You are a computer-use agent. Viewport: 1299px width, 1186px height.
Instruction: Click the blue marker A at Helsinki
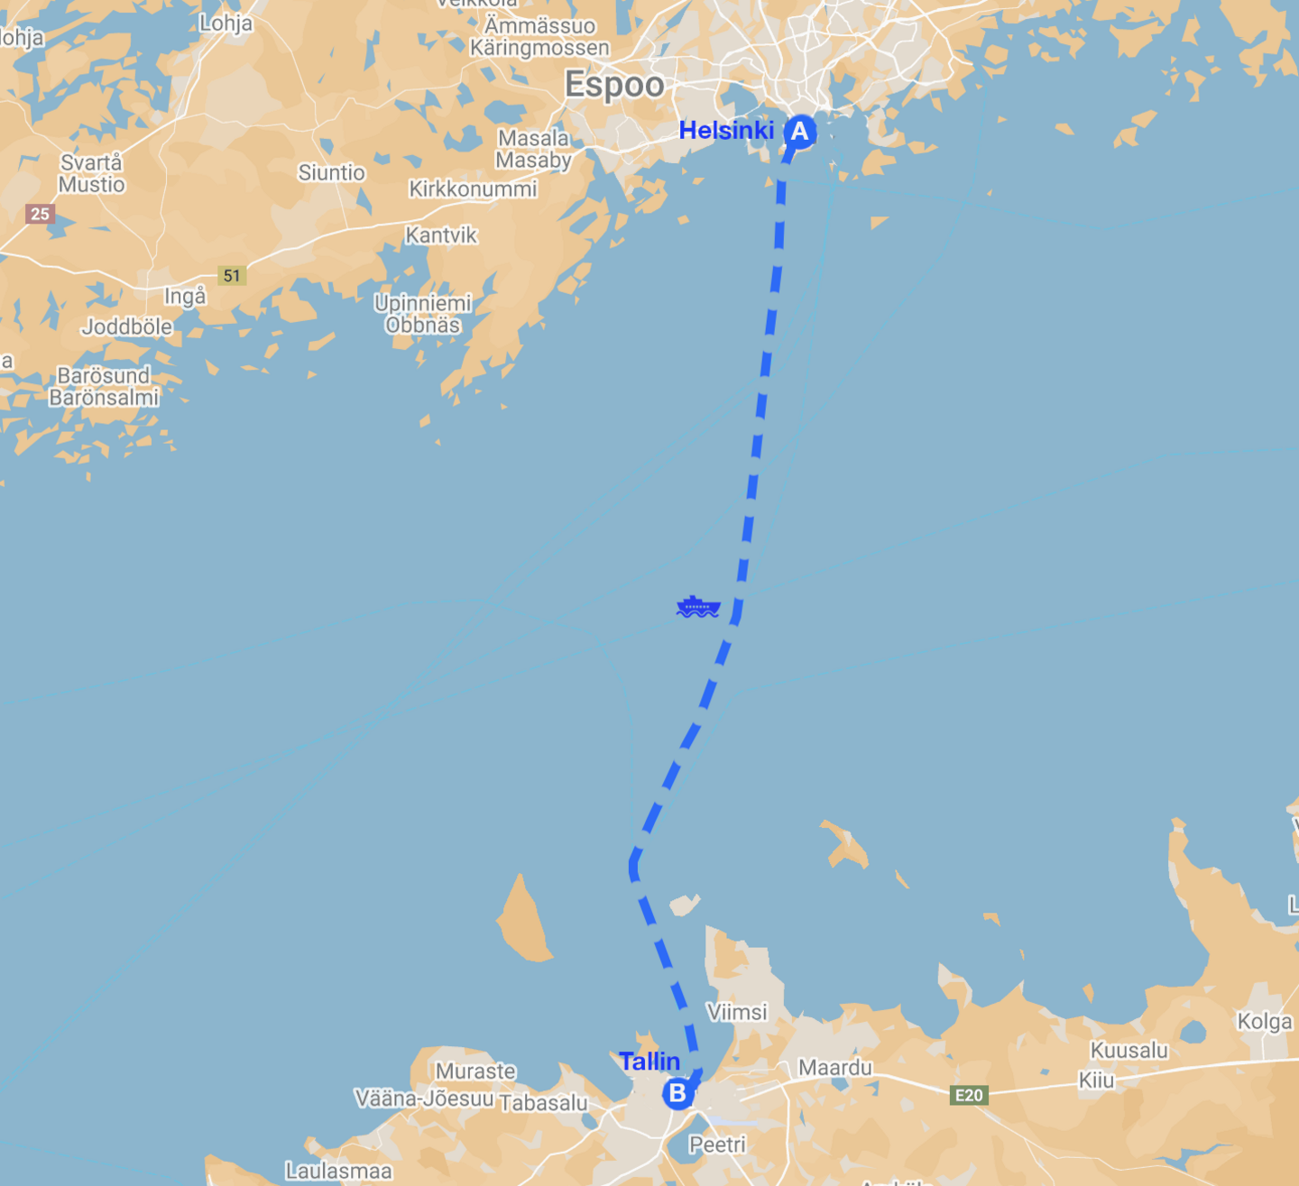coord(799,132)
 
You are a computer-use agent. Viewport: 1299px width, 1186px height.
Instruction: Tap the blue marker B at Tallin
coord(677,1093)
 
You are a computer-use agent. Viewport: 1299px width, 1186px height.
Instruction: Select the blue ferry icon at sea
coord(697,607)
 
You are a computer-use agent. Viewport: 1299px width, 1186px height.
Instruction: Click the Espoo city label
coord(614,85)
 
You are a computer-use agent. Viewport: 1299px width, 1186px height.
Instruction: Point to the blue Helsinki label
coord(726,131)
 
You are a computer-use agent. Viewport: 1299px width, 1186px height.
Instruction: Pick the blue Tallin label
coord(649,1062)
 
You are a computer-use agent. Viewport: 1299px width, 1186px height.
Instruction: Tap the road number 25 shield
coord(40,214)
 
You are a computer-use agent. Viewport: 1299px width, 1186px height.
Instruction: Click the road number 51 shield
coord(232,275)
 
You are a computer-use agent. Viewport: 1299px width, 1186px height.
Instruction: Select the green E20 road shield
coord(969,1095)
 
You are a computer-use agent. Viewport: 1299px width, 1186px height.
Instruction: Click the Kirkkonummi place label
coord(473,189)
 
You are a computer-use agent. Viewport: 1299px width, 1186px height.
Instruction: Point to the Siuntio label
coord(331,172)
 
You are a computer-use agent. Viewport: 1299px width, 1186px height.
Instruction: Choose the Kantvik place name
coord(440,235)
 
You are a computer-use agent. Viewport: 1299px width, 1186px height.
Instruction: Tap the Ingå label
coord(185,296)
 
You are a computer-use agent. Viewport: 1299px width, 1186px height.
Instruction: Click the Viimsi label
coord(737,1012)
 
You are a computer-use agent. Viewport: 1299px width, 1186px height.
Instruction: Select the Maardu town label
coord(835,1068)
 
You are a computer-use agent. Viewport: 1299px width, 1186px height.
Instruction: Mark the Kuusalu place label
coord(1129,1051)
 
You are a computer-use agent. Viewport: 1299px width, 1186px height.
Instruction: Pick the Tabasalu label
coord(543,1102)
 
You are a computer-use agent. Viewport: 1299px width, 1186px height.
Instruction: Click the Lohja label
coord(226,23)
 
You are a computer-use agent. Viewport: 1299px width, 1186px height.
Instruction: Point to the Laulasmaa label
coord(338,1171)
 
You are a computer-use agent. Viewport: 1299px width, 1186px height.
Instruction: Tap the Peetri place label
coord(717,1145)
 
